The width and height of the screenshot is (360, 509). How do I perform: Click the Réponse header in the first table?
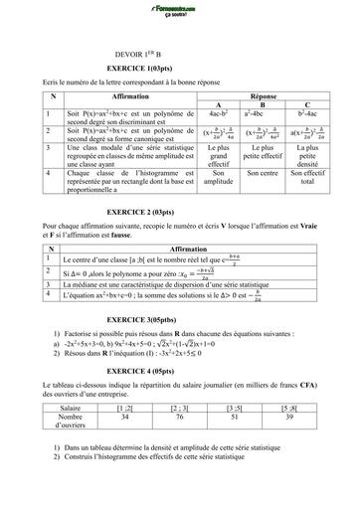(x=264, y=88)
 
